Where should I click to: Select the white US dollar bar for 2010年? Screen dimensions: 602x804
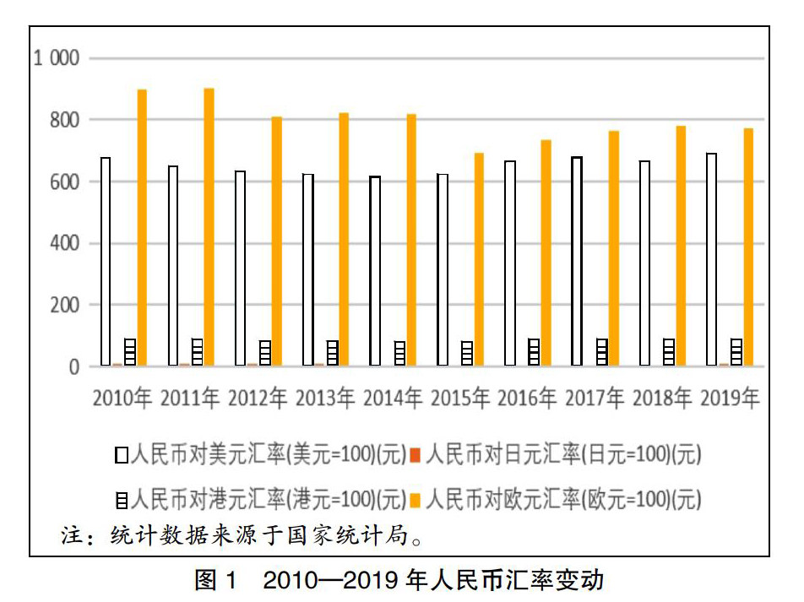tap(106, 262)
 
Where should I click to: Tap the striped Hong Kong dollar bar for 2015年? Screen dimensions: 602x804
tap(467, 353)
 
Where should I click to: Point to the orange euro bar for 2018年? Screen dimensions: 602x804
tap(681, 246)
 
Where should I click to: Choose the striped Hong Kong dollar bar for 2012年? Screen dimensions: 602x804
tap(265, 353)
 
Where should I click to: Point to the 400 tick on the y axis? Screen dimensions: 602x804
tap(63, 244)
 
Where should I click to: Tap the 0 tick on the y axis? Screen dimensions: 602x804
tap(73, 367)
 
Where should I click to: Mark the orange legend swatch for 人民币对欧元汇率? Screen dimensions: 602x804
tap(416, 500)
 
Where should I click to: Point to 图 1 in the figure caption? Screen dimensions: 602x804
tap(218, 581)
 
